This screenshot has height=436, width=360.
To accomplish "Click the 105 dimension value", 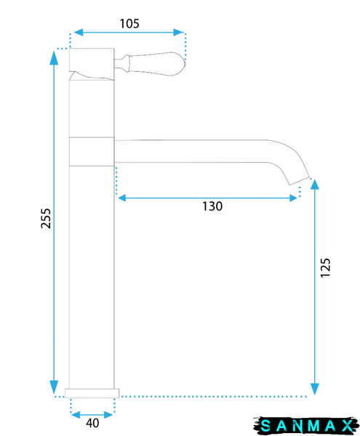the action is pyautogui.click(x=129, y=24).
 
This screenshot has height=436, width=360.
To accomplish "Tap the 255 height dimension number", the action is pyautogui.click(x=46, y=219).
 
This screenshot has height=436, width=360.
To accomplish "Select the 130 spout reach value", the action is pyautogui.click(x=212, y=206).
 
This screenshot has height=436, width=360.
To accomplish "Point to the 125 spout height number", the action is pyautogui.click(x=325, y=267).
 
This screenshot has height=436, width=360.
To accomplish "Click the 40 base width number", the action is pyautogui.click(x=92, y=423).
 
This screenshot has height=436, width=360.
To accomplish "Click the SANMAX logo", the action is pyautogui.click(x=306, y=425).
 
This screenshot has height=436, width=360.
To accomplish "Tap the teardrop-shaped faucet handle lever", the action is pyautogui.click(x=151, y=64).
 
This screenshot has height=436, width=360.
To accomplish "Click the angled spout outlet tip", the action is pyautogui.click(x=300, y=181).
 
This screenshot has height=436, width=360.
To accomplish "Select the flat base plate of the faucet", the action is pyautogui.click(x=92, y=393).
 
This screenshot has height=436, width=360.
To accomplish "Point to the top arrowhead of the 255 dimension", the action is pyautogui.click(x=54, y=57).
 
